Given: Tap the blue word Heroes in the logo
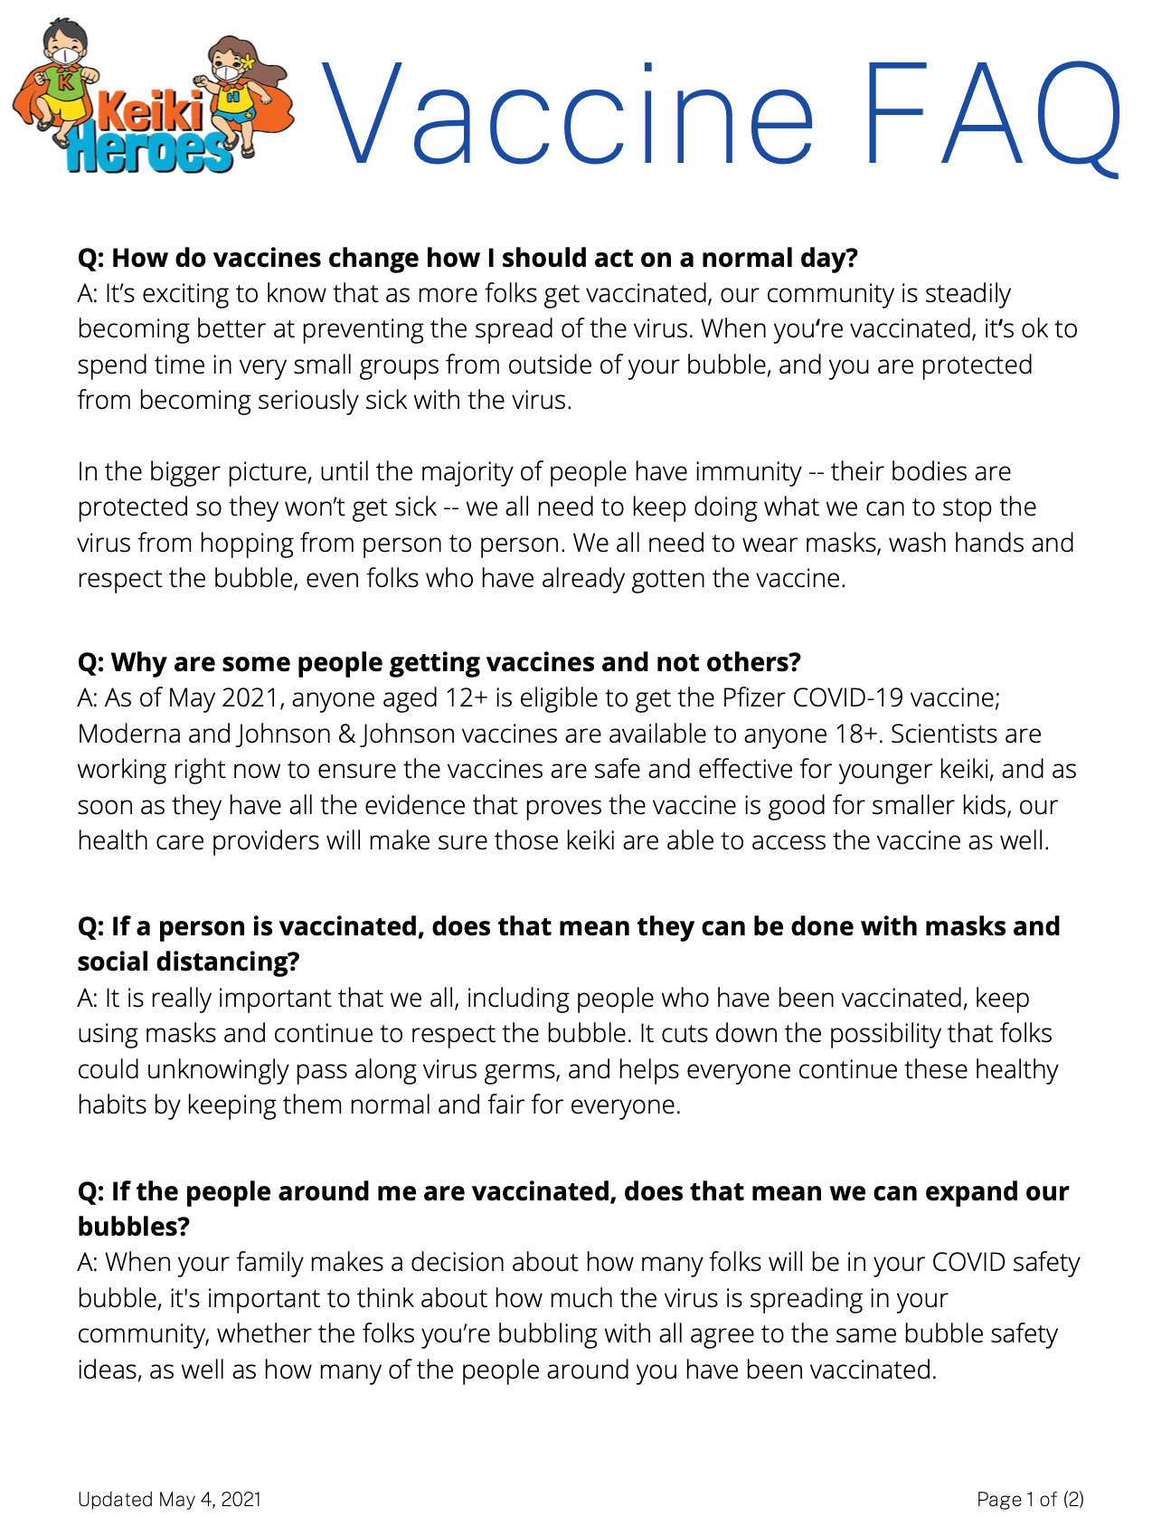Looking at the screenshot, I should [x=149, y=148].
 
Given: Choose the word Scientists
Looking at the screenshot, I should [x=947, y=734].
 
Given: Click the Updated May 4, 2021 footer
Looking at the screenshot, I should [x=169, y=1499].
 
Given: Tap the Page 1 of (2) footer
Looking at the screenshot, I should [x=1030, y=1499].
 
